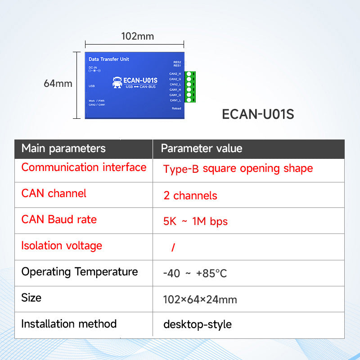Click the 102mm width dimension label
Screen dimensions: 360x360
click(x=137, y=36)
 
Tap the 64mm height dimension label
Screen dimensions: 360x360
click(x=58, y=83)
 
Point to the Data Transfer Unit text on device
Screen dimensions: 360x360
click(x=109, y=59)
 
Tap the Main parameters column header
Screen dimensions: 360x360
click(x=63, y=148)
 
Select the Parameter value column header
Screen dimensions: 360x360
click(x=201, y=148)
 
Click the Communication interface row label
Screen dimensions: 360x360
click(x=84, y=167)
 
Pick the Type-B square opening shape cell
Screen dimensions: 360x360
click(x=238, y=169)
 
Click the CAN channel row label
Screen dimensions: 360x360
click(x=54, y=193)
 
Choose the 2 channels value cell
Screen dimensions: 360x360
click(x=190, y=196)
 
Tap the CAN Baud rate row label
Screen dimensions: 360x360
click(x=59, y=220)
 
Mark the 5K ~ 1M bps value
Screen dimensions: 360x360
click(x=195, y=221)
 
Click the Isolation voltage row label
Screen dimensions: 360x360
click(x=62, y=246)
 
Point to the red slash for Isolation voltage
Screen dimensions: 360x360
click(x=173, y=247)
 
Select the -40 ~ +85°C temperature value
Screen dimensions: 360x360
click(x=195, y=274)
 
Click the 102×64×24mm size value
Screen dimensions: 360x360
click(x=200, y=300)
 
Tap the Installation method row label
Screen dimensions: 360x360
click(x=69, y=324)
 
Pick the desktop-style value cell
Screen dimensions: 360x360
click(x=197, y=324)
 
